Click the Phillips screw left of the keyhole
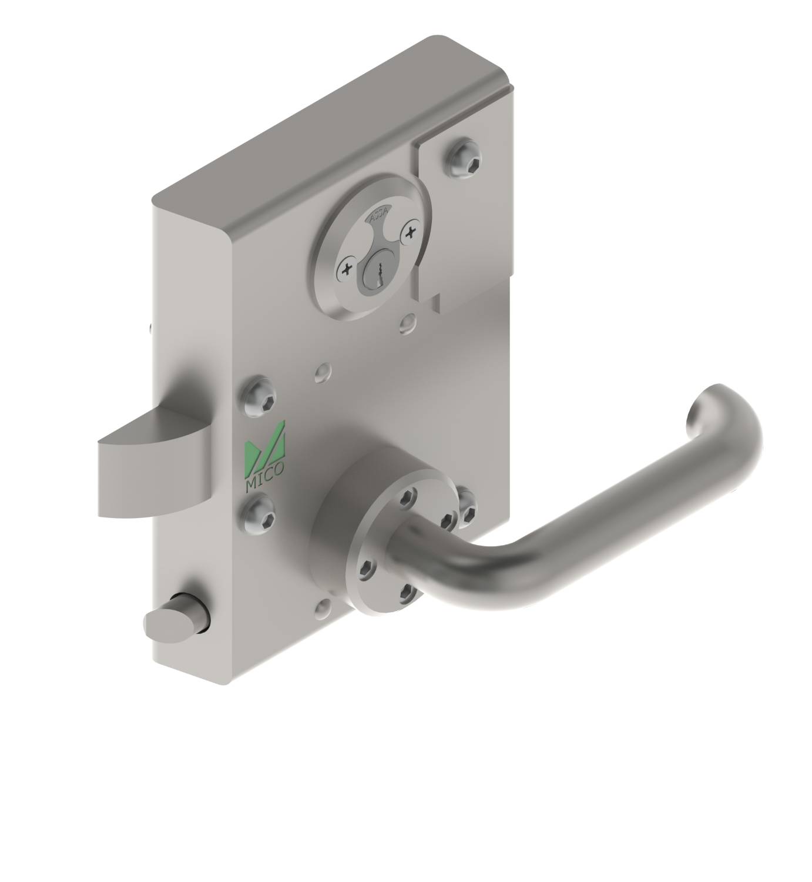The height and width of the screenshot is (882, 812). [x=347, y=269]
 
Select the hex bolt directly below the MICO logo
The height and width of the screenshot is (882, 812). [x=261, y=516]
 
